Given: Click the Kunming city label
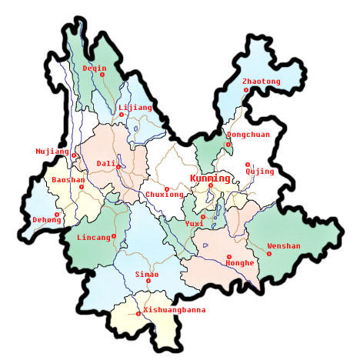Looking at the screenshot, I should (x=209, y=178).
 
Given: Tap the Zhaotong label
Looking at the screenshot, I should (x=261, y=81).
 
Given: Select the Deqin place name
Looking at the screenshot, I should (x=95, y=68).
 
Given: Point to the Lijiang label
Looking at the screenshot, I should (x=136, y=108).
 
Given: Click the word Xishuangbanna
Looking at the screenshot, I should (x=175, y=309).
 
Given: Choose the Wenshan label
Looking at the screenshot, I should (x=284, y=246).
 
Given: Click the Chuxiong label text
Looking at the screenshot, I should (x=165, y=195).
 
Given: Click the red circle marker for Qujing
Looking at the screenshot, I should (x=248, y=164).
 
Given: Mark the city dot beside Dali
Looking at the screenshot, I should (x=117, y=163).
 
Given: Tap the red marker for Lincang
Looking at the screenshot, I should (x=114, y=235).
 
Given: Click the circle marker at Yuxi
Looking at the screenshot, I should (x=202, y=216).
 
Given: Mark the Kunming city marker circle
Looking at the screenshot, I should (x=211, y=185).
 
